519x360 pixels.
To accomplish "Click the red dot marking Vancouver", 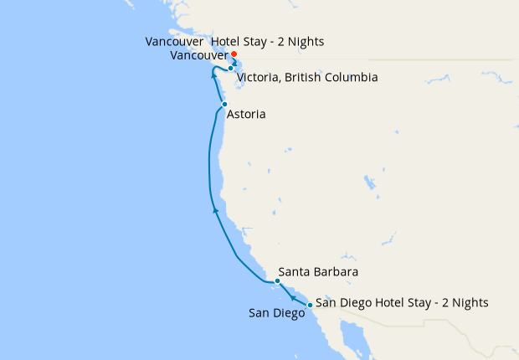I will [x=234, y=55].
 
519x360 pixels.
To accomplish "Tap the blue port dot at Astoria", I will [x=224, y=104].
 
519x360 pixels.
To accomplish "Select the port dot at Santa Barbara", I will [x=266, y=281].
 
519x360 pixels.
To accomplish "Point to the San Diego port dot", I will [x=310, y=305].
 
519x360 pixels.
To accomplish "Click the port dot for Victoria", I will [x=230, y=69].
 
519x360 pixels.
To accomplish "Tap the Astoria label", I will [x=246, y=114].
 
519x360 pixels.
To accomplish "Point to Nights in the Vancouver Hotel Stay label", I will [x=305, y=41].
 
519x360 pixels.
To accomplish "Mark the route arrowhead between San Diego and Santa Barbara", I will [x=290, y=296].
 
